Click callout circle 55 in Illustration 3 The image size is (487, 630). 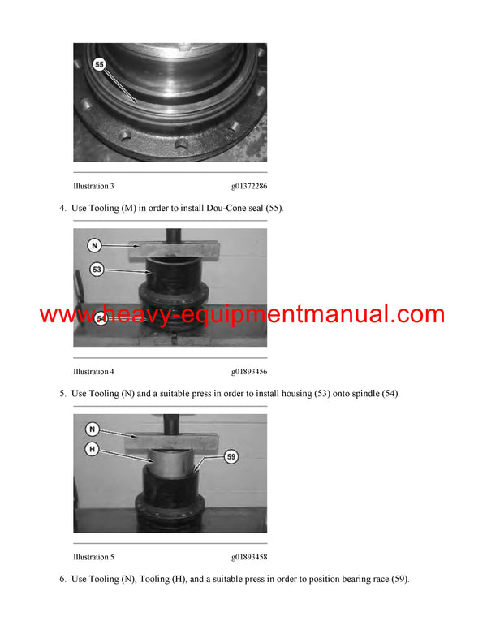tap(99, 63)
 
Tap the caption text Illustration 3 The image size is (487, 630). tap(93, 186)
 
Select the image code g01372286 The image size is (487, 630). tap(248, 186)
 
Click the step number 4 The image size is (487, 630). tap(62, 209)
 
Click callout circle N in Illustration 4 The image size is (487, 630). tap(95, 244)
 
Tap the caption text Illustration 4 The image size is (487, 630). tap(93, 372)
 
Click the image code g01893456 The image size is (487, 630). tap(248, 372)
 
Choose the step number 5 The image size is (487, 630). tap(62, 394)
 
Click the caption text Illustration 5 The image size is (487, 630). tap(93, 557)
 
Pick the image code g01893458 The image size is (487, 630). tap(248, 557)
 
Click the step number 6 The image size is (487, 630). tap(62, 580)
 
